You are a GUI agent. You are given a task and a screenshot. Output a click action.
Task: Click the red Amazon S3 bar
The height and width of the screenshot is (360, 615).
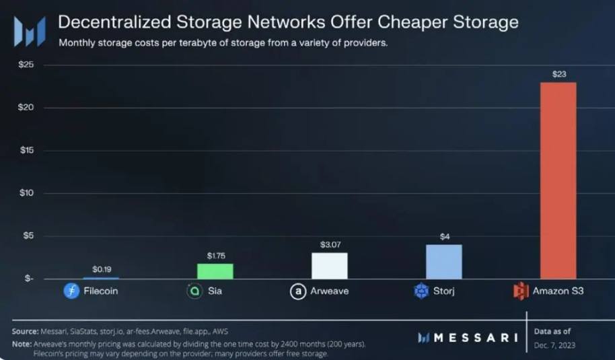[558, 180]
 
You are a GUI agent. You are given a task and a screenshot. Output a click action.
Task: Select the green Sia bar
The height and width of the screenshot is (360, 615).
[215, 271]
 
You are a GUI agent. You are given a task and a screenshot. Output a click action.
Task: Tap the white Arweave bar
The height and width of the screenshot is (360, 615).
[329, 266]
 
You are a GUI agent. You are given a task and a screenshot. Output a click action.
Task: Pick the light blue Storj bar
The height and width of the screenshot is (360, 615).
[443, 262]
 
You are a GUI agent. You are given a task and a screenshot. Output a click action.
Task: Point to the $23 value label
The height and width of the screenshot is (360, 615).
[558, 74]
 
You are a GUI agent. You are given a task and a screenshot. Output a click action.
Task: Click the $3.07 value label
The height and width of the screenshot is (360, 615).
[329, 244]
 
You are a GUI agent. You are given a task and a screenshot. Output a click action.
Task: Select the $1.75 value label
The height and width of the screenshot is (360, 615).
[215, 256]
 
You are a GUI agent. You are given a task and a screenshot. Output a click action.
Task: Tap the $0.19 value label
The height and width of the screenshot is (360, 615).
[101, 269]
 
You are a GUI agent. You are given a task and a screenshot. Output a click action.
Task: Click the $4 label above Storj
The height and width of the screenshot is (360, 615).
[443, 236]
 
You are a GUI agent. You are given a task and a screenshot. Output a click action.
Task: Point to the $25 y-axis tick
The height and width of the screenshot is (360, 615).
[26, 65]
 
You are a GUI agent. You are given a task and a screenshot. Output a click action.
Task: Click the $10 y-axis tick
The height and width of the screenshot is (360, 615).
[26, 193]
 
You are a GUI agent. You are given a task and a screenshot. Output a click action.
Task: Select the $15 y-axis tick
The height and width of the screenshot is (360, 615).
[26, 150]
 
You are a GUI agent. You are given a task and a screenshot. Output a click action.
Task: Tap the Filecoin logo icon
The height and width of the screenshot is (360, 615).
[71, 291]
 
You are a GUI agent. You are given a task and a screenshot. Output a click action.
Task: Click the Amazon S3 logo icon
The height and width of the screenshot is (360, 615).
[521, 291]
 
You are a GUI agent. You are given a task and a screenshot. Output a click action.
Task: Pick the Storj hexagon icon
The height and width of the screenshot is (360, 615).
[421, 291]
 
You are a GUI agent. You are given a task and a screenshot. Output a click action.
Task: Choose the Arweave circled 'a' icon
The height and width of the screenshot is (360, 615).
[297, 291]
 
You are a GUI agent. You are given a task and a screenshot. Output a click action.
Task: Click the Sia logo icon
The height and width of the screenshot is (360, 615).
[194, 291]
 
